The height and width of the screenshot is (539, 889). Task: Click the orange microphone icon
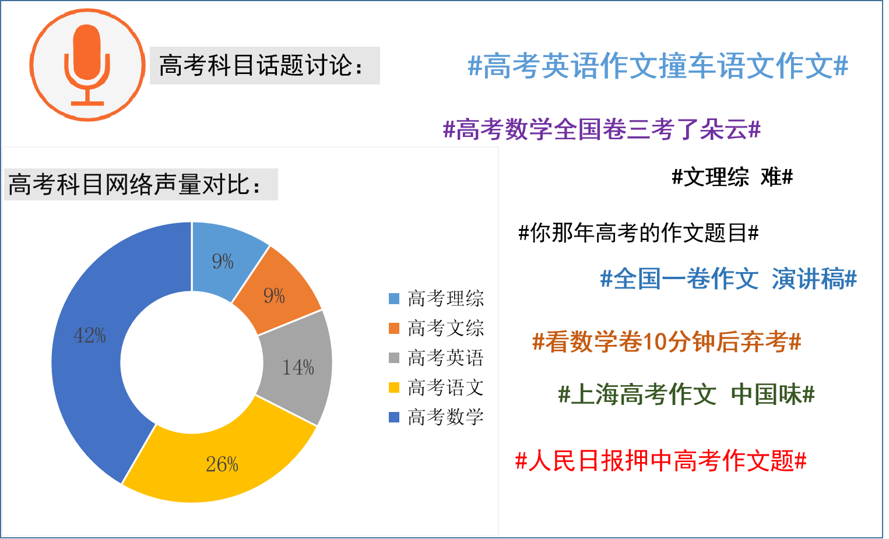point(87,65)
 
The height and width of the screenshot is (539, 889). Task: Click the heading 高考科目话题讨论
point(262,65)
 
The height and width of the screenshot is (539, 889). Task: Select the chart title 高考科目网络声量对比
point(135,185)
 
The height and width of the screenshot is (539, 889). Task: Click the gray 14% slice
point(298,367)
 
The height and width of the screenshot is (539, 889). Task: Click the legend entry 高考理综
point(437,299)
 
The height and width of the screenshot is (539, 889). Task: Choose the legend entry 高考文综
point(437,329)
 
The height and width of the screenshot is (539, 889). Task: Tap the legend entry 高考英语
point(437,358)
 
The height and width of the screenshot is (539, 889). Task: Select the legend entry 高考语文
point(437,387)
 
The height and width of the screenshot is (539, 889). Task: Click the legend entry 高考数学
point(437,417)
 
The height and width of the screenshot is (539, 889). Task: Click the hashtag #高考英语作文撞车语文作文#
point(658,66)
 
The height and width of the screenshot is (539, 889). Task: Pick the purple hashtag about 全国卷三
point(602,130)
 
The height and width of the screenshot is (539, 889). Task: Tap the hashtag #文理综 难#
point(732,177)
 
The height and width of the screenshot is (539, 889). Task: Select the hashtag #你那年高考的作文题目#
point(638,233)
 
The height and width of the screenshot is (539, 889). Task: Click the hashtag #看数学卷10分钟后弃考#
point(667,341)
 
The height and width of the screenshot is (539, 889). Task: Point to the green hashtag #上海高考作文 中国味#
point(686,394)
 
